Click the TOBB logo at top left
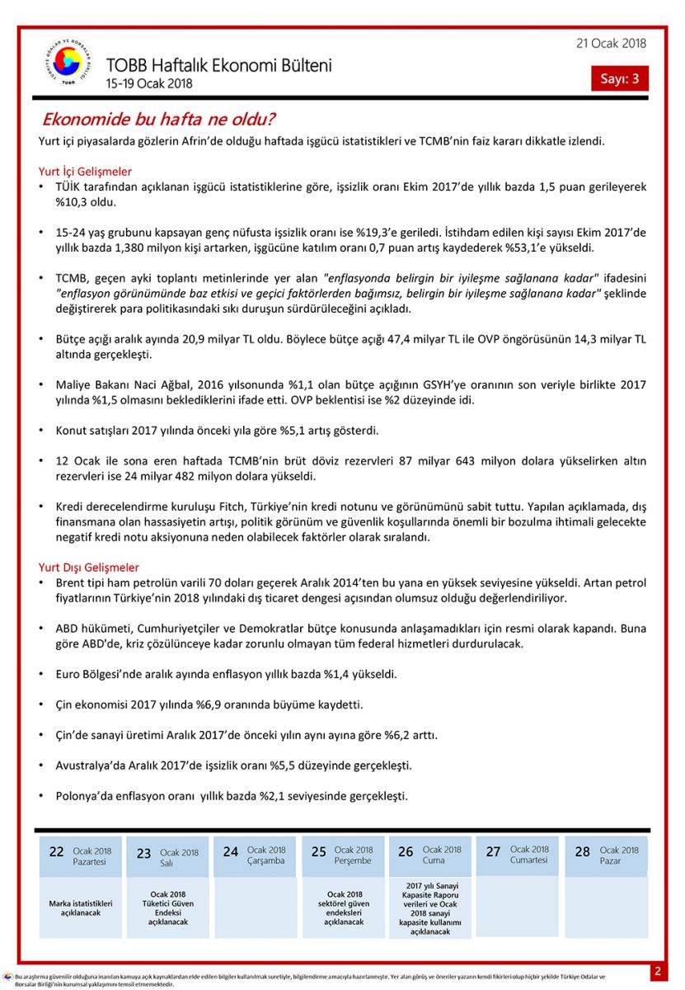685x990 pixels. [68, 63]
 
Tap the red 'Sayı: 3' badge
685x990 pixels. [619, 78]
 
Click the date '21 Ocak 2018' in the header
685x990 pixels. [611, 44]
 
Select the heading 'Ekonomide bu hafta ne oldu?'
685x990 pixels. [158, 120]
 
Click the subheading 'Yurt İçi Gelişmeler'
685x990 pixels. [85, 172]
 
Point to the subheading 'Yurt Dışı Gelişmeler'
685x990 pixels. [89, 568]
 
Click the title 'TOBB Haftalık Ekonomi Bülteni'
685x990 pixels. [218, 65]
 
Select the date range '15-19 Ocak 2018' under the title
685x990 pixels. [148, 83]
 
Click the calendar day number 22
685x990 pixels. [56, 852]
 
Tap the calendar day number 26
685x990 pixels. [406, 852]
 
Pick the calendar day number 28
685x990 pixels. [582, 852]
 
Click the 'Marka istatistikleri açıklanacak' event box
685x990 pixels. [80, 907]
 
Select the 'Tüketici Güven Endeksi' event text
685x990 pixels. [168, 907]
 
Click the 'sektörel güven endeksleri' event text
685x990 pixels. [345, 907]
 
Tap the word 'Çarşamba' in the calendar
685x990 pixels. [265, 860]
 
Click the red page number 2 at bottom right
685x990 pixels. [658, 971]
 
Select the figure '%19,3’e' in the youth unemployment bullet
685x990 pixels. [377, 233]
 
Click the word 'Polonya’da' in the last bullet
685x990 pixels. [85, 796]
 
